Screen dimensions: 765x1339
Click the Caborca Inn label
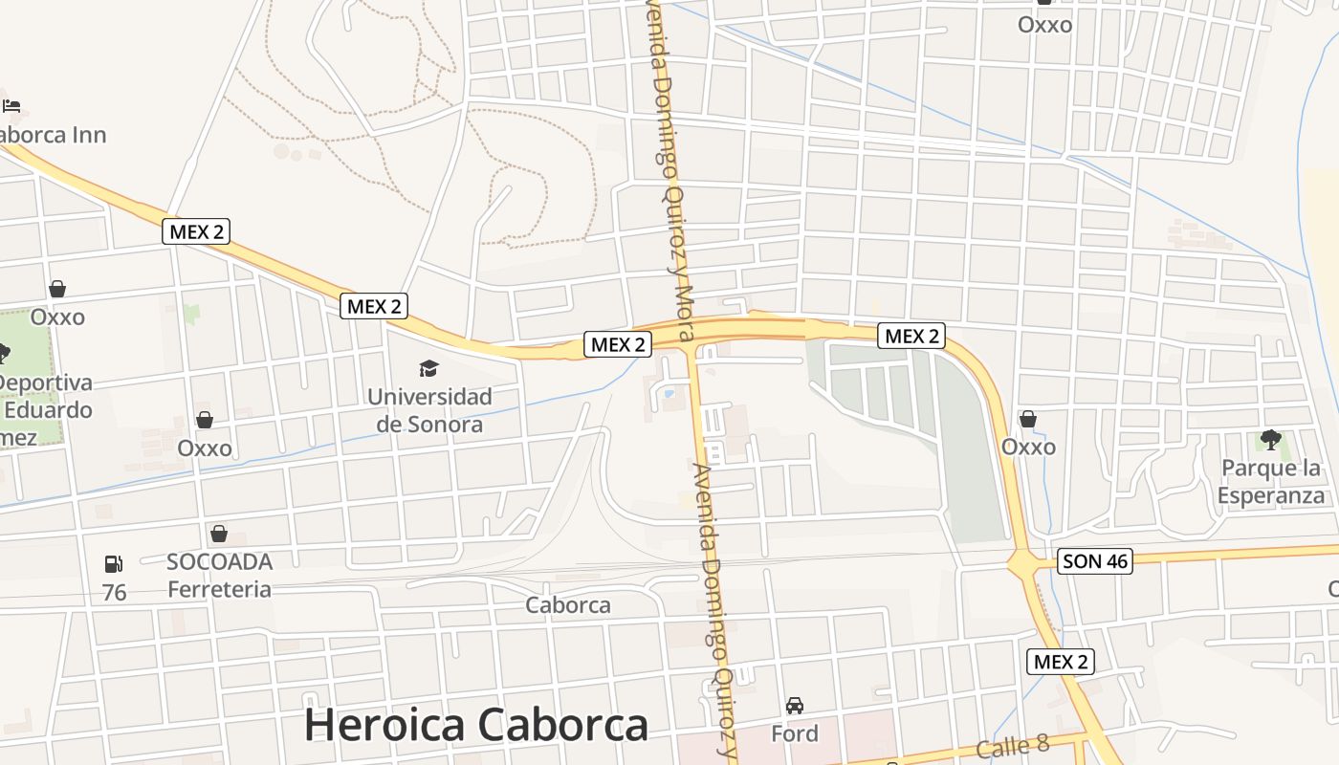(x=53, y=135)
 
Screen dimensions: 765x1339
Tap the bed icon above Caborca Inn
(x=11, y=106)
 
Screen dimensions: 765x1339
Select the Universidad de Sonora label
(x=429, y=409)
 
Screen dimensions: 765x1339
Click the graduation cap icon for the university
(x=428, y=368)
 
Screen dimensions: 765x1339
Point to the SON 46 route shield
(x=1095, y=561)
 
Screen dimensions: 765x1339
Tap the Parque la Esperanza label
(x=1271, y=481)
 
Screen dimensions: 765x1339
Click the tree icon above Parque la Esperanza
(x=1270, y=440)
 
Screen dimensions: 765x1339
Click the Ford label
(x=795, y=733)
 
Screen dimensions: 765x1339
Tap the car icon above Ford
(x=795, y=706)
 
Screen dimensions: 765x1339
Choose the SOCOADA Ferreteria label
(x=219, y=575)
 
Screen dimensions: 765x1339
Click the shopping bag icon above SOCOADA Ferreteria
(x=219, y=534)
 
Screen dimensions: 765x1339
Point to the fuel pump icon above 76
(x=114, y=564)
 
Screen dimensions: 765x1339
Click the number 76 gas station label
(x=114, y=593)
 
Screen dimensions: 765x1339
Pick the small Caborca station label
(x=568, y=605)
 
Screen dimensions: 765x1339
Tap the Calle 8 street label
(x=1014, y=747)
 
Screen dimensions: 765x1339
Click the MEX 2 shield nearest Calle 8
(x=1061, y=661)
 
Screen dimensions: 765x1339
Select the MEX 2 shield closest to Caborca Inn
(x=196, y=230)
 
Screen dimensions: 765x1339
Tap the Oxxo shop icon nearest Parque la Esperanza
(x=1028, y=419)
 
